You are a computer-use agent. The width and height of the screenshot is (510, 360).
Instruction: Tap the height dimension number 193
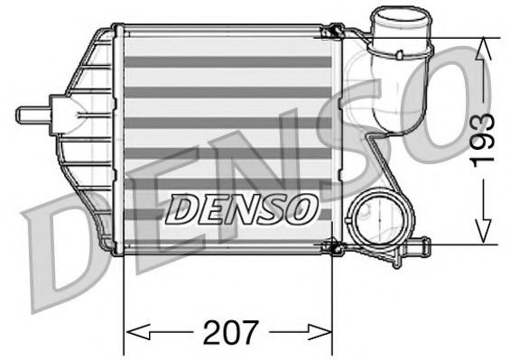tap(485, 139)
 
